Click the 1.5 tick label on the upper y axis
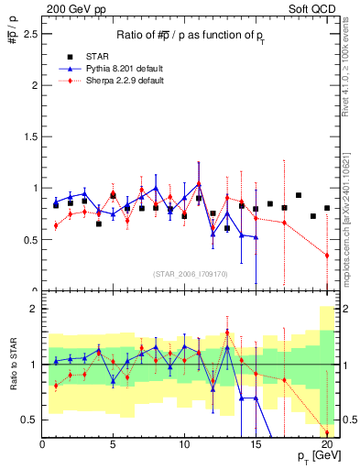pyautogui.click(x=28, y=136)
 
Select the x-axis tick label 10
pyautogui.click(x=183, y=444)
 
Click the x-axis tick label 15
pyautogui.click(x=255, y=444)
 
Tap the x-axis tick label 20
pyautogui.click(x=326, y=444)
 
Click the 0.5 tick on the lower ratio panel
pyautogui.click(x=28, y=420)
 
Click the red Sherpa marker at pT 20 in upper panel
pyautogui.click(x=327, y=256)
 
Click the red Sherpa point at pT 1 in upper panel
pyautogui.click(x=56, y=225)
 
